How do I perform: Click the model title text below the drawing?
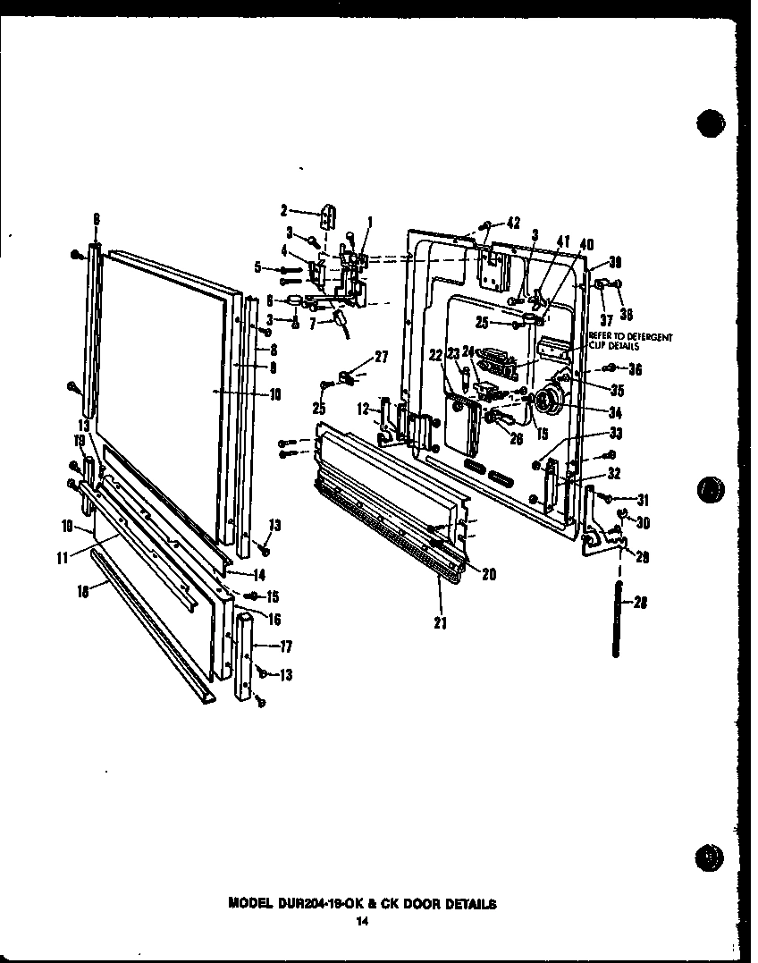point(362,903)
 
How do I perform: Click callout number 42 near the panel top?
point(512,223)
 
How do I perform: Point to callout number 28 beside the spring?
point(639,602)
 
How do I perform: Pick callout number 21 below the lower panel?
point(440,622)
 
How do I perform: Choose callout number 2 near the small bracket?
point(284,211)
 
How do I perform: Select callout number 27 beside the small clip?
point(382,357)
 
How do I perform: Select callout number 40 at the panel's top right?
point(586,245)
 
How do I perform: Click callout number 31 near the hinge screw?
point(641,499)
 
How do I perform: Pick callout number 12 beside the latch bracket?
point(363,409)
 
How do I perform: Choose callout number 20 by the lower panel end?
point(488,575)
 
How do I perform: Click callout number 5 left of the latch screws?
point(258,266)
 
